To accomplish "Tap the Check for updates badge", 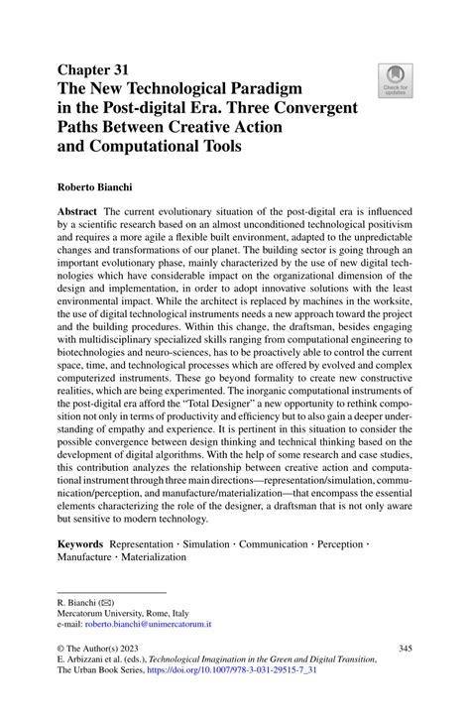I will [394, 78].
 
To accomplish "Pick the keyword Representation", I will [150, 544].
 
